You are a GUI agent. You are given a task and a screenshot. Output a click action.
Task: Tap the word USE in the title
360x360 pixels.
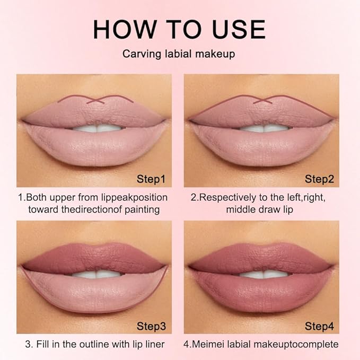(240, 29)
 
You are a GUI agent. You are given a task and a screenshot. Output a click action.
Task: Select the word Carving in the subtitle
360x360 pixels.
(141, 54)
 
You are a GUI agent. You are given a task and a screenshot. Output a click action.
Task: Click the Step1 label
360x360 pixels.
(151, 179)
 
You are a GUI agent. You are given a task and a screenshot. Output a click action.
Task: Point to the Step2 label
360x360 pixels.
(319, 179)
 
